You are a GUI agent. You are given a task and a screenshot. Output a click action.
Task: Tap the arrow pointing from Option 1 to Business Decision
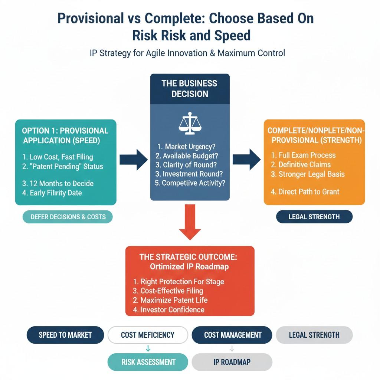coord(133,160)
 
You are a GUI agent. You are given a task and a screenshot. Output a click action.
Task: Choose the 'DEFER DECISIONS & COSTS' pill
coord(68,217)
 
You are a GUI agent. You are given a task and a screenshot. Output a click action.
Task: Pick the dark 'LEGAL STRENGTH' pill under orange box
coord(314,217)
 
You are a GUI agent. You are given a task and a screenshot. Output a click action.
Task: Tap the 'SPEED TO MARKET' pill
coord(65,335)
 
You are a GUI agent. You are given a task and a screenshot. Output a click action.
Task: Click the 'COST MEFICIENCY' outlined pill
coord(148,335)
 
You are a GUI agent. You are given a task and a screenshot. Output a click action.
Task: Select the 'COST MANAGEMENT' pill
coord(232,335)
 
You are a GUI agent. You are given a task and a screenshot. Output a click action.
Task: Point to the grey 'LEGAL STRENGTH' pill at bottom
coord(314,335)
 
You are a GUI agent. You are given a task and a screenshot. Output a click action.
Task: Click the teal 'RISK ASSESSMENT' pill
coord(148,362)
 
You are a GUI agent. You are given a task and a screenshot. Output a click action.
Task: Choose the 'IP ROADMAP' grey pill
coord(232,362)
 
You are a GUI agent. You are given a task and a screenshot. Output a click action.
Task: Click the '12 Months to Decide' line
coord(58,183)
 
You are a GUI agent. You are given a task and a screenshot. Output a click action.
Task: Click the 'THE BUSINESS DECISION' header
coord(189,88)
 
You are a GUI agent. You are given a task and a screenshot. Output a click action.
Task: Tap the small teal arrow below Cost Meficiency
coord(148,348)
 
